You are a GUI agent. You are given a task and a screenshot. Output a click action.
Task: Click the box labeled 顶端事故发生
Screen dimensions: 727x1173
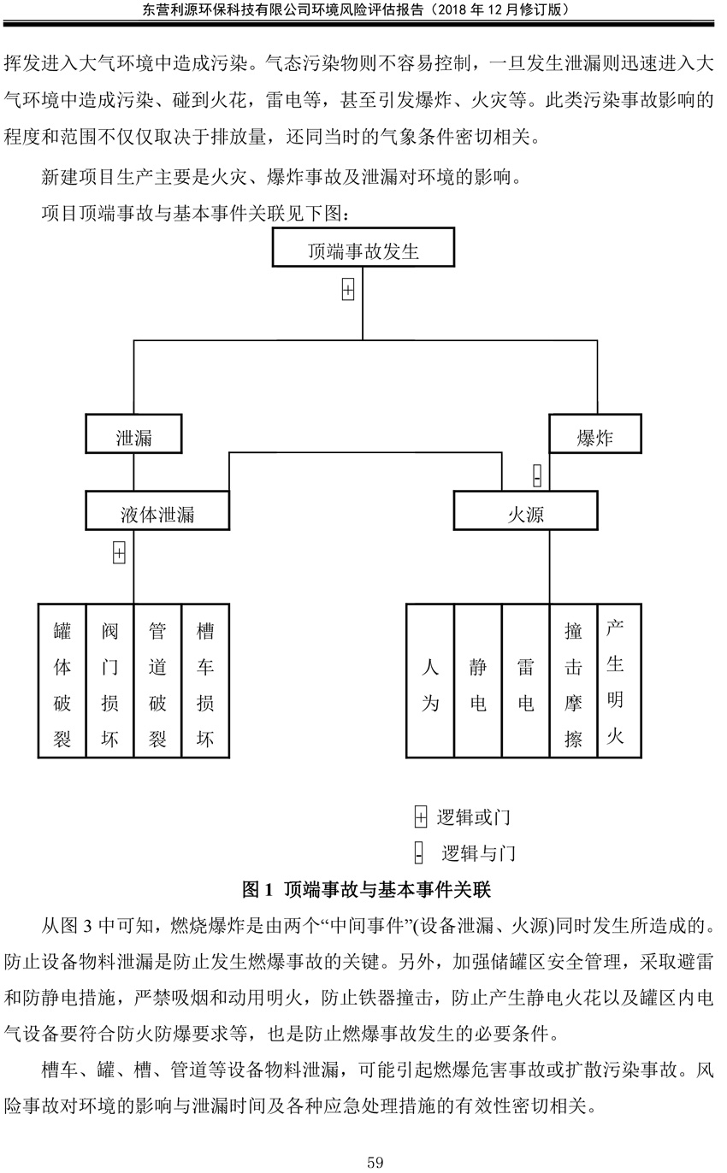point(363,247)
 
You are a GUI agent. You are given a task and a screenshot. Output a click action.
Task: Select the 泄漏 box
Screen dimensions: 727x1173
point(133,433)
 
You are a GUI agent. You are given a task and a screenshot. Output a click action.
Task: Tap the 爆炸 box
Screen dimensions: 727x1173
point(595,433)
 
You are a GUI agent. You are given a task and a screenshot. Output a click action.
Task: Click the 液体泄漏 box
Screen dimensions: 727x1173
point(157,510)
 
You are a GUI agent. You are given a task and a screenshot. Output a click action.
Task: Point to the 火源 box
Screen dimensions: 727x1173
point(525,510)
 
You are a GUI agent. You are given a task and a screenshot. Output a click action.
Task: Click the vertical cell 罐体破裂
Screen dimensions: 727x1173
point(62,681)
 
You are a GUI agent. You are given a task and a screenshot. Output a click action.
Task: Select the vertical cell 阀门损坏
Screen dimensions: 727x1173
point(110,681)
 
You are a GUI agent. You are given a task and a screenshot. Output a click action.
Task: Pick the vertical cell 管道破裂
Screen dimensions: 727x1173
point(157,681)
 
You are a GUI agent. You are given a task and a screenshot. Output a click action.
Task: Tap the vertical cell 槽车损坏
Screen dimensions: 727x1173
point(205,681)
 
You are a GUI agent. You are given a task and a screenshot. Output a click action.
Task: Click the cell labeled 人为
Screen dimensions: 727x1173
point(430,681)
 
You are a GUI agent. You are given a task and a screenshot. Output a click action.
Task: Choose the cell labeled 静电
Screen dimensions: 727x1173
point(478,681)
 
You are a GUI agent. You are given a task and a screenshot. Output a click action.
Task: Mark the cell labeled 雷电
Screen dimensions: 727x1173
point(525,681)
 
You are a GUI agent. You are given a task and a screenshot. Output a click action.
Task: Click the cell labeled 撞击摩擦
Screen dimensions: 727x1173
point(573,681)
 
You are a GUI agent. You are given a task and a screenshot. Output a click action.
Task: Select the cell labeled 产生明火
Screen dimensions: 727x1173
point(619,681)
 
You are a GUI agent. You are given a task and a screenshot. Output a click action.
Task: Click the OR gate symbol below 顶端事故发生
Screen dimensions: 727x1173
point(348,290)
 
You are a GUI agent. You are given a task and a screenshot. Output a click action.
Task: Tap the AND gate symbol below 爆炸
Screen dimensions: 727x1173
point(537,475)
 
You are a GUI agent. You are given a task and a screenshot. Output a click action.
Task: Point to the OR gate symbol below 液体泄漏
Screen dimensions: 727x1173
point(120,553)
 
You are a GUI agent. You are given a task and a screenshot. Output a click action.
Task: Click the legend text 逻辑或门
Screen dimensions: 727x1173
point(474,817)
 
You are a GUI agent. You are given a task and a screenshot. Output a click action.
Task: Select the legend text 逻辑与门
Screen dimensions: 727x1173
point(478,853)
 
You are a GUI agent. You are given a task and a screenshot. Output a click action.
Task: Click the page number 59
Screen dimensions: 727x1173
point(375,1162)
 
